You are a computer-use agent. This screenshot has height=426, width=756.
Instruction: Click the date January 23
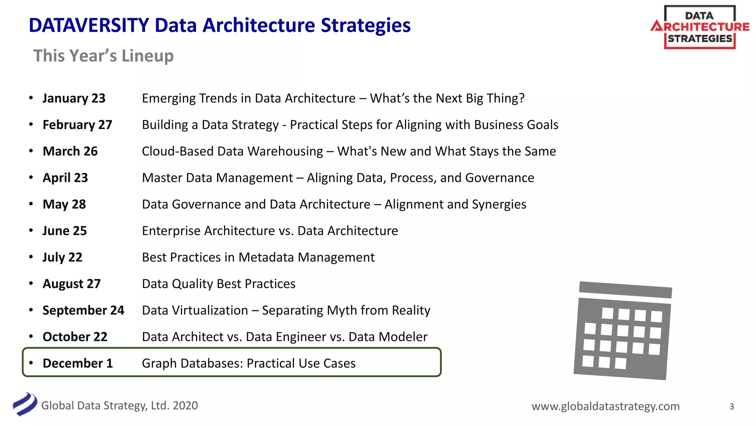tap(74, 98)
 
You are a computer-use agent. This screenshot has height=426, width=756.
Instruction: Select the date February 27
tap(77, 125)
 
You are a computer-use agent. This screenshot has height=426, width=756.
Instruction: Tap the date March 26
tap(70, 151)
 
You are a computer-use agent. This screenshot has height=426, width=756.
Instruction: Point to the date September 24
tap(83, 310)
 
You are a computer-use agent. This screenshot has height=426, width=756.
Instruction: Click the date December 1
tap(78, 363)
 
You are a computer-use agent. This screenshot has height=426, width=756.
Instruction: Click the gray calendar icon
tap(623, 331)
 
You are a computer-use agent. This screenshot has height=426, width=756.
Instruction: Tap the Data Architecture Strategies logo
tap(700, 27)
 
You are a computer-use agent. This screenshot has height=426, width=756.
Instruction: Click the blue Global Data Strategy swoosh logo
tap(25, 404)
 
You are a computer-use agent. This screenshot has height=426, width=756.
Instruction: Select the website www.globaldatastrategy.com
tap(605, 406)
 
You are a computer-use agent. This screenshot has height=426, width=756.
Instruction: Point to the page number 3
tap(732, 406)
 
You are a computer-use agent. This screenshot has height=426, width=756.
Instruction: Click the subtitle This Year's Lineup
tap(103, 56)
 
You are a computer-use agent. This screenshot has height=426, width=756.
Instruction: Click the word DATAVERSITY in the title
tap(89, 26)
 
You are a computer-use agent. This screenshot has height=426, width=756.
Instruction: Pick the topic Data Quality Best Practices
tap(219, 284)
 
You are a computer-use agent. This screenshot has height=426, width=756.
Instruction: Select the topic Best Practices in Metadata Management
tap(258, 257)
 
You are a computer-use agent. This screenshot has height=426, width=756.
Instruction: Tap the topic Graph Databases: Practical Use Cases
tap(248, 363)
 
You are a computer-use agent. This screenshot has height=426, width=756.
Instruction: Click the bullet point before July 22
tap(31, 257)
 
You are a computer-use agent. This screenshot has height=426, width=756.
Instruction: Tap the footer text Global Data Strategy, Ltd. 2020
tap(119, 406)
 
